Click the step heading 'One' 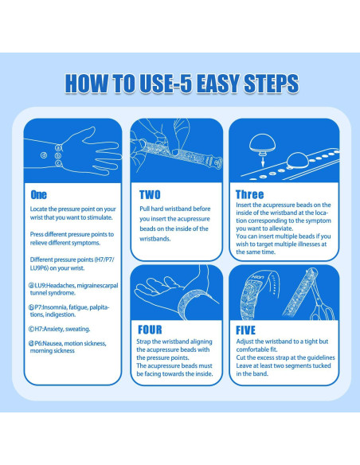point(38,195)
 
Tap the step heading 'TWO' point(150,195)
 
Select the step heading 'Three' point(249,194)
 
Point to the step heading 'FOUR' point(150,330)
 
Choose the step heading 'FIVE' point(245,330)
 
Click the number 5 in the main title point(186,84)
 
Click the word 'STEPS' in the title point(271,84)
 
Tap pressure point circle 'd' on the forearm point(44,155)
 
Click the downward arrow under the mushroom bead point(263,162)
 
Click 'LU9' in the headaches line point(40,286)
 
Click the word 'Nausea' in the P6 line point(52,343)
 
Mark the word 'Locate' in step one point(38,209)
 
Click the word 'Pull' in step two point(144,209)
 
